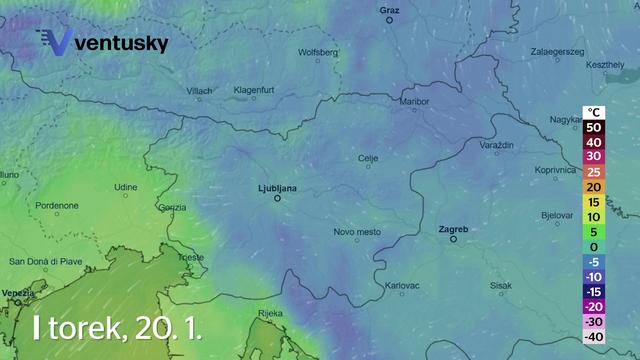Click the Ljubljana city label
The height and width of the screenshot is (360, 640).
278,185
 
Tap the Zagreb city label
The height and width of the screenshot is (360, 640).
453,229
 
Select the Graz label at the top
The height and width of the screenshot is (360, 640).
390,10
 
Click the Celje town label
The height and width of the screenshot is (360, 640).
368,158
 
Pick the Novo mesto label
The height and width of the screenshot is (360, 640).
357,232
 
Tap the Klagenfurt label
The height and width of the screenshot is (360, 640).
254,90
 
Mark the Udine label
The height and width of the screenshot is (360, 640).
125,187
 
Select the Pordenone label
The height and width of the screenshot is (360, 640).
57,205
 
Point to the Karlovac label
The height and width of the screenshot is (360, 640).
401,286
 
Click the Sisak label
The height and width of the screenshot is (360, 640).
501,285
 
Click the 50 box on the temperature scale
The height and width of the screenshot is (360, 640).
593,127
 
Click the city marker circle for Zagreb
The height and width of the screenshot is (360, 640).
453,240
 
